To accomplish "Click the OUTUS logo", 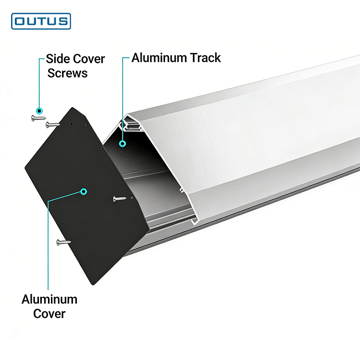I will point(41,22).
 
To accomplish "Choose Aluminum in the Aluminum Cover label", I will point(49,300).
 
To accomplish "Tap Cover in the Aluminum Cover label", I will point(49,314).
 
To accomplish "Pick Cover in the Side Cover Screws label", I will point(88,59).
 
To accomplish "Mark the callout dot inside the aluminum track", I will point(123,143).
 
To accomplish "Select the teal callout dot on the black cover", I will point(84,192).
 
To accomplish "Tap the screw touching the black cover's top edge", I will point(53,125).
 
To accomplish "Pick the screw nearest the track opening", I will point(119,198).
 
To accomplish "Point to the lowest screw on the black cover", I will point(63,243).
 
